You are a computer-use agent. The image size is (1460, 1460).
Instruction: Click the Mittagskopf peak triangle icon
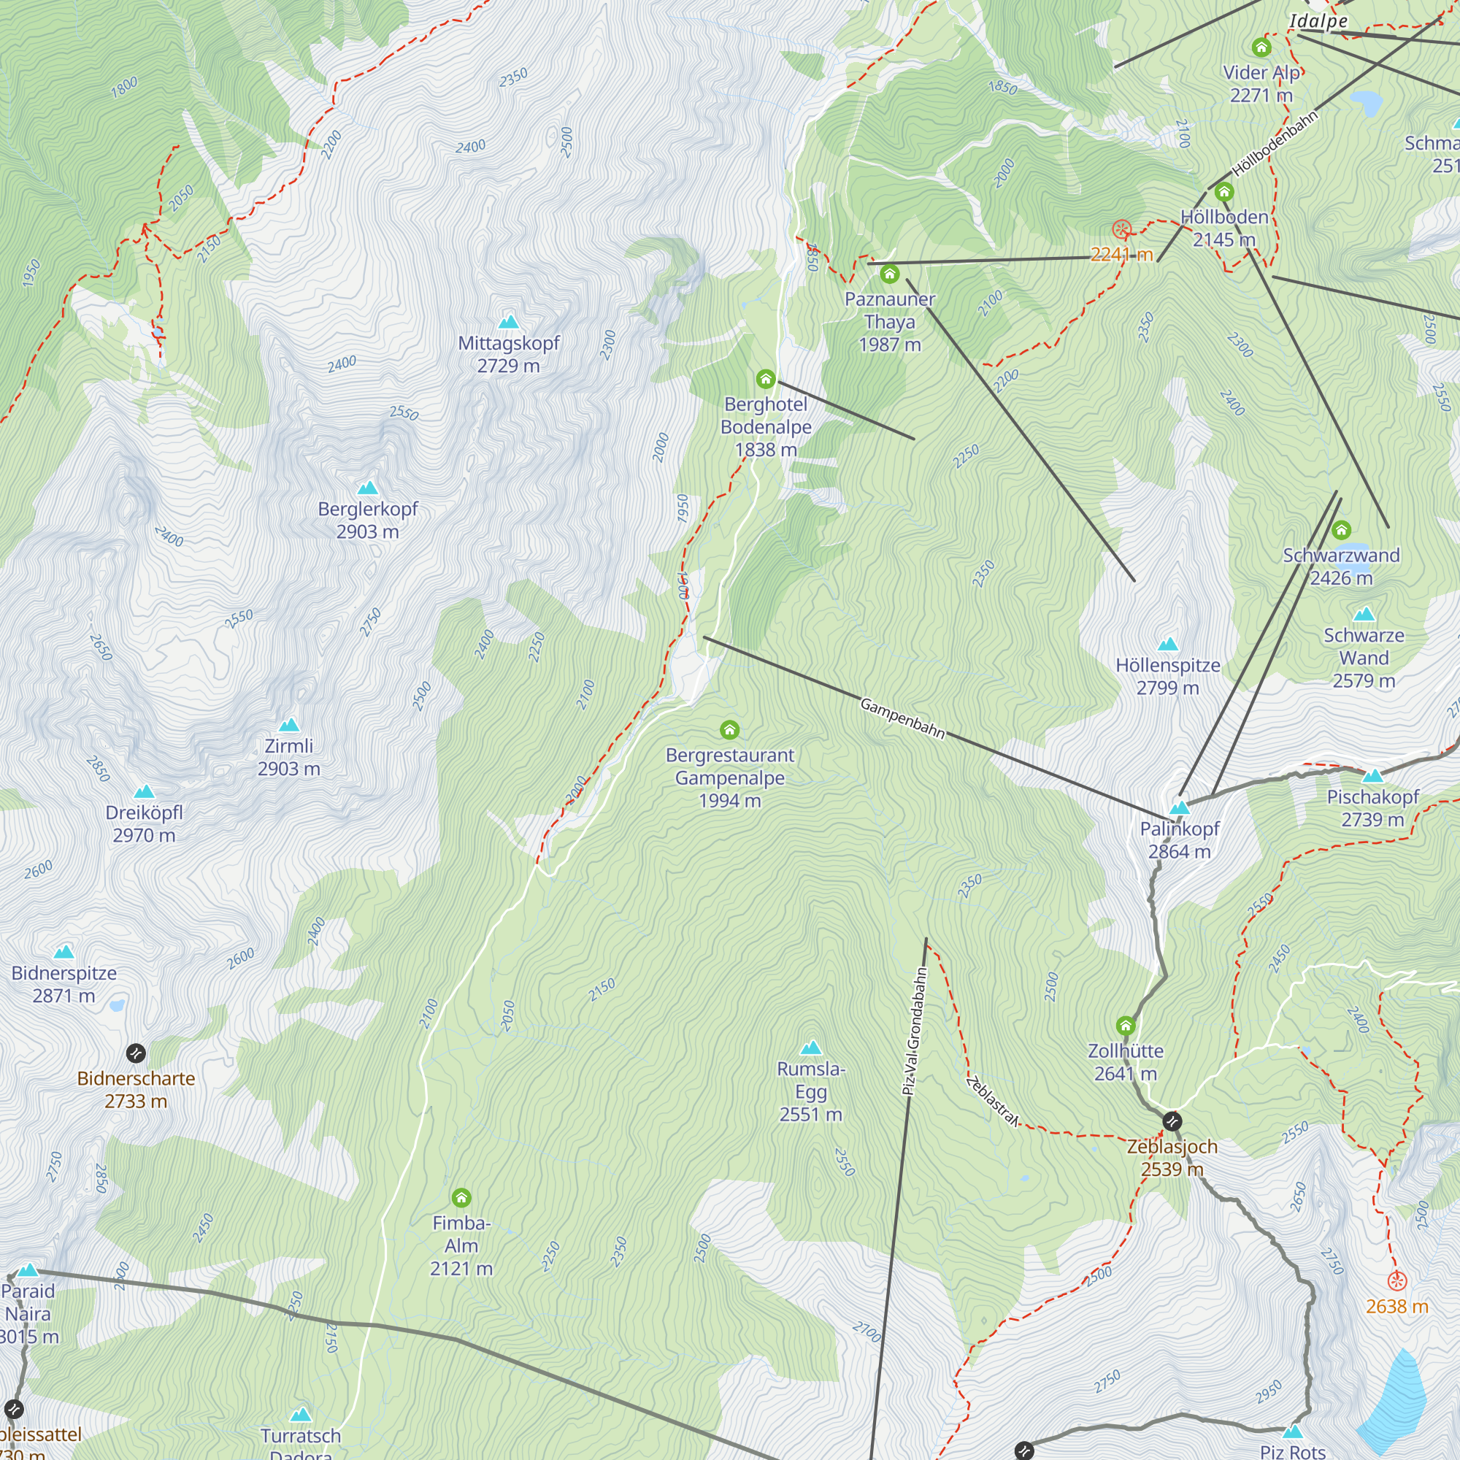(x=509, y=322)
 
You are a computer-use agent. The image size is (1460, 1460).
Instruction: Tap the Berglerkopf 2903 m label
(x=367, y=520)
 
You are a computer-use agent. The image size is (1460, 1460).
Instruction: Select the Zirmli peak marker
(x=288, y=726)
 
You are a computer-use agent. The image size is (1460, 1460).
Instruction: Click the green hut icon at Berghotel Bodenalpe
(x=766, y=379)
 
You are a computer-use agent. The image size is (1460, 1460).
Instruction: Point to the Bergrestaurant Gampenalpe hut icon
(x=729, y=729)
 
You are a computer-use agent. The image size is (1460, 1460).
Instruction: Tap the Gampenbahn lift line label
(x=902, y=718)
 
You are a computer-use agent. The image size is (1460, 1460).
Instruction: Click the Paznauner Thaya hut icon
(x=889, y=274)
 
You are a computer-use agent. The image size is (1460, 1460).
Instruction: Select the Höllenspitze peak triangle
(x=1167, y=644)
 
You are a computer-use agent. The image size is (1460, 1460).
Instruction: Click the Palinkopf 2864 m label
(x=1179, y=839)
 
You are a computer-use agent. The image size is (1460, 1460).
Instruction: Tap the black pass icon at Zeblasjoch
(x=1172, y=1121)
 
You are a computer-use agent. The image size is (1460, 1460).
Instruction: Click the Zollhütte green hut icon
(x=1125, y=1026)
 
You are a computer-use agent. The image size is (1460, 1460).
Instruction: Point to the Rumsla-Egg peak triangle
(x=810, y=1048)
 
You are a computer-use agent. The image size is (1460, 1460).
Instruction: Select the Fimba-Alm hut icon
(x=461, y=1198)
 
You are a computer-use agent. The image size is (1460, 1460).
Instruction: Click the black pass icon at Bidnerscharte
(x=135, y=1053)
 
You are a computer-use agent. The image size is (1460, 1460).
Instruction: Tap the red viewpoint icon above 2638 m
(x=1396, y=1281)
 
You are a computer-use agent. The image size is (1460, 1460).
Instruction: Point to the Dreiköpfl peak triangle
(x=144, y=792)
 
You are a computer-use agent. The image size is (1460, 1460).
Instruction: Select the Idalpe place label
(x=1318, y=21)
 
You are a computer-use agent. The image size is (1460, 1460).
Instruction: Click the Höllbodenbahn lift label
(x=1275, y=144)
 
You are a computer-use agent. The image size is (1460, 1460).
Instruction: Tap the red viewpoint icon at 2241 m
(x=1122, y=229)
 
